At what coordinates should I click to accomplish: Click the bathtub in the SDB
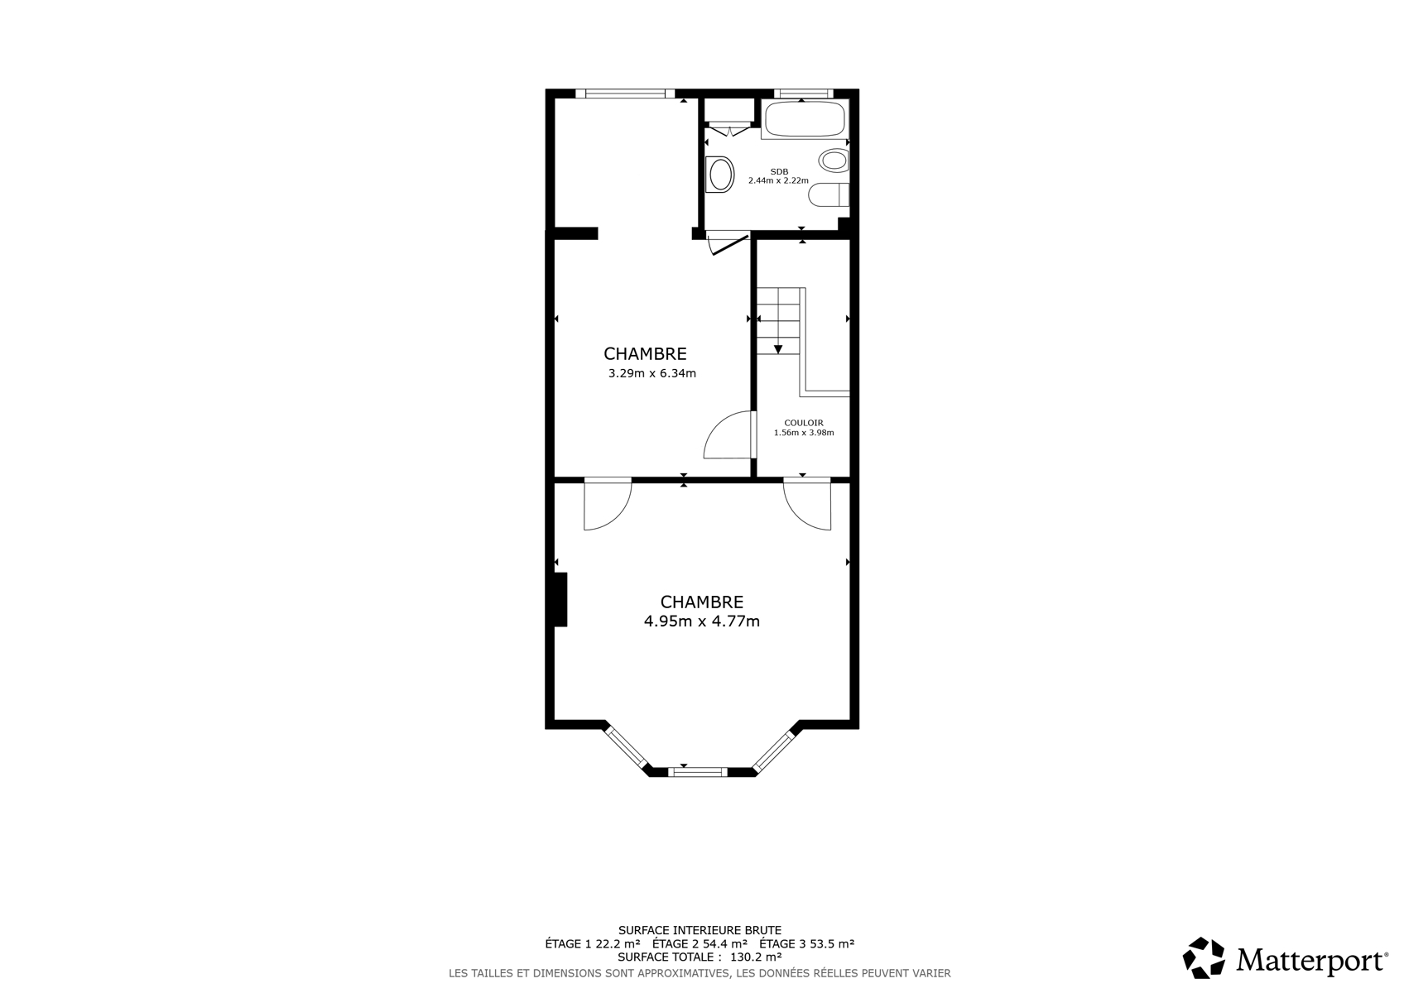[x=805, y=118]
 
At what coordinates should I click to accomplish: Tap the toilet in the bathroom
[x=829, y=194]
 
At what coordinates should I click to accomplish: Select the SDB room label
[x=779, y=171]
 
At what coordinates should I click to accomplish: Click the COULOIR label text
[x=804, y=423]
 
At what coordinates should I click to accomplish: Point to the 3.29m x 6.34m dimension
[x=652, y=373]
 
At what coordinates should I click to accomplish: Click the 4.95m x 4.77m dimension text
[x=702, y=621]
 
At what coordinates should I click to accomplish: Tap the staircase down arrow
[x=778, y=348]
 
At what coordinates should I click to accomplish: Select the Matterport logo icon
[x=1204, y=958]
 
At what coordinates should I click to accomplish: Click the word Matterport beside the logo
[x=1311, y=960]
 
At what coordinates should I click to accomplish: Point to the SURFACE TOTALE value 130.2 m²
[x=755, y=957]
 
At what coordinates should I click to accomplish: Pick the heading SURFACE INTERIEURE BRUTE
[x=700, y=930]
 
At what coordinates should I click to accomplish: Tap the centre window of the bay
[x=698, y=772]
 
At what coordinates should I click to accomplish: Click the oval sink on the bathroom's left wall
[x=719, y=174]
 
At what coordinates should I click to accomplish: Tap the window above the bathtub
[x=803, y=94]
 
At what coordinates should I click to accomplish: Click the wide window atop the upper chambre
[x=625, y=94]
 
